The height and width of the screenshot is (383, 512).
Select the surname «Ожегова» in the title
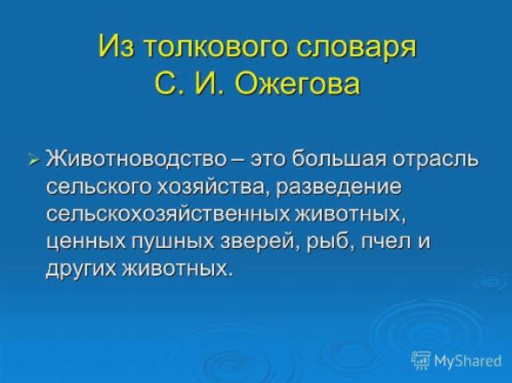click(x=297, y=83)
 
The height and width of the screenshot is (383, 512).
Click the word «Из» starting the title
click(x=116, y=44)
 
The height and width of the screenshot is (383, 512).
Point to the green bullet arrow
click(x=34, y=160)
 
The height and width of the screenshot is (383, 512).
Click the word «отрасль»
click(x=436, y=160)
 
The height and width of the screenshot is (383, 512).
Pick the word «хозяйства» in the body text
click(x=211, y=188)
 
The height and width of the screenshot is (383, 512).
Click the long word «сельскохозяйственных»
click(x=168, y=215)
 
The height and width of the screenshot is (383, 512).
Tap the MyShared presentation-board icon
click(x=420, y=360)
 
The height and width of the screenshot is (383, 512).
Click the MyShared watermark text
click(x=468, y=361)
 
